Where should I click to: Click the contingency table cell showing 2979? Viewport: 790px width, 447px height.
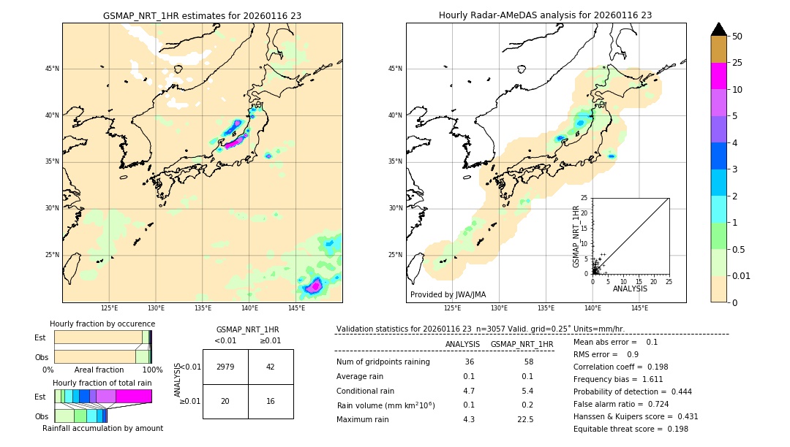(x=225, y=367)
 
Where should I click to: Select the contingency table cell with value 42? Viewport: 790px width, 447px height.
(x=271, y=367)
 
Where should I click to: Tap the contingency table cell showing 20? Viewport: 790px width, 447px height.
(x=225, y=401)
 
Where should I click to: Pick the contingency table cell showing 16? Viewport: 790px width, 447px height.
(x=271, y=401)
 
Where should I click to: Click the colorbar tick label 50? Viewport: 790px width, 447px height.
(x=737, y=37)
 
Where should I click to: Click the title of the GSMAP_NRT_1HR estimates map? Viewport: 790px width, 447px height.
(x=202, y=15)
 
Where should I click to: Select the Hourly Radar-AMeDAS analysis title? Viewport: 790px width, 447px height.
(x=545, y=15)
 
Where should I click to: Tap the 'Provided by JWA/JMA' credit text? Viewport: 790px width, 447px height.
(x=448, y=295)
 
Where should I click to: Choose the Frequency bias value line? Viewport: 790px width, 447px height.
(x=618, y=400)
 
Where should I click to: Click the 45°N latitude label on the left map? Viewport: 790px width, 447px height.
(x=52, y=69)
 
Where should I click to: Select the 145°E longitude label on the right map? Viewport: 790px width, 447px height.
(x=639, y=308)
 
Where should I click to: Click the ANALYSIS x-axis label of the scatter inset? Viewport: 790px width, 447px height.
(x=630, y=289)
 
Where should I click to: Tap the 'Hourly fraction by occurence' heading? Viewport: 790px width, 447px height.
(x=102, y=324)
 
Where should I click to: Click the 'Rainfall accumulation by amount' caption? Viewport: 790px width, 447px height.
(x=102, y=428)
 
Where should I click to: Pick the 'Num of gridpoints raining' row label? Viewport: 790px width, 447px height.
(x=383, y=362)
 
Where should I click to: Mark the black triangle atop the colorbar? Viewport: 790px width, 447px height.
(x=719, y=29)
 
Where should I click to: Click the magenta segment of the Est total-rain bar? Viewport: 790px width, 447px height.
(x=133, y=396)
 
